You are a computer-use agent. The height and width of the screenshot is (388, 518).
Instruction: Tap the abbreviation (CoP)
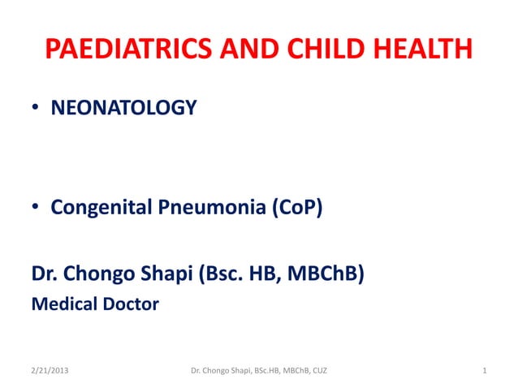(295, 209)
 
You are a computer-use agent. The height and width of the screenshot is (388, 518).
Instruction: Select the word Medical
(63, 305)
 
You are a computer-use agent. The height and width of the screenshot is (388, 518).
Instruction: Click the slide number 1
(484, 372)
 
